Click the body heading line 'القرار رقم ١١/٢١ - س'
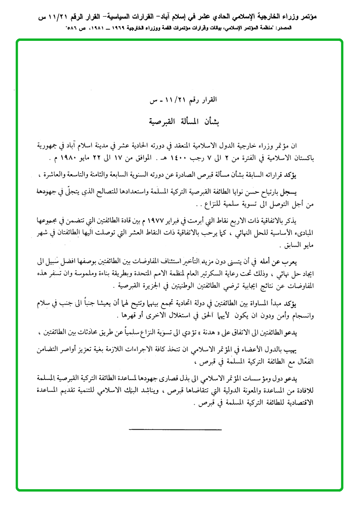(180, 100)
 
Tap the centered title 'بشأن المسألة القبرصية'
(180, 120)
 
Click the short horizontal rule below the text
(161, 429)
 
